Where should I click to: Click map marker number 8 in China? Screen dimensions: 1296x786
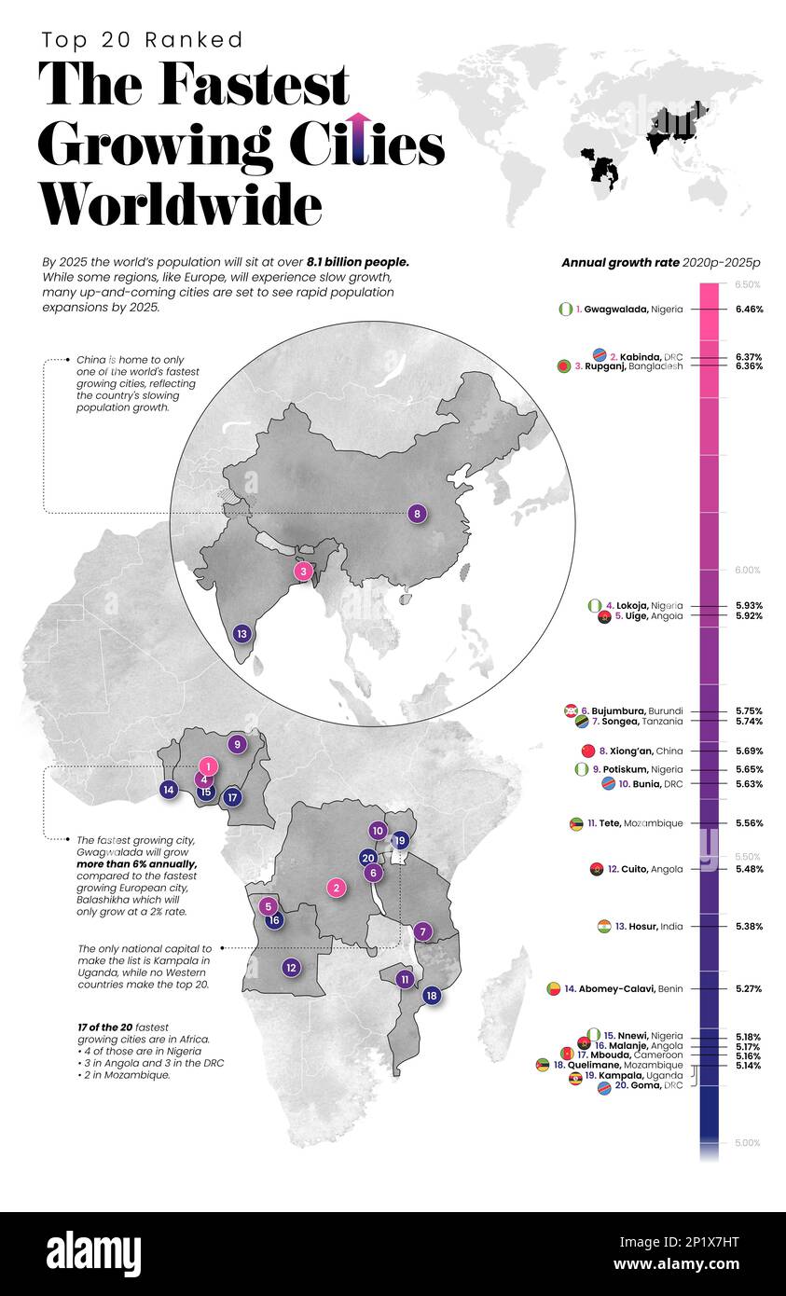(x=417, y=513)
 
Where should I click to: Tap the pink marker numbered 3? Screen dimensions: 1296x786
(x=302, y=572)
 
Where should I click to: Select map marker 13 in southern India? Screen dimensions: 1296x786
(x=242, y=634)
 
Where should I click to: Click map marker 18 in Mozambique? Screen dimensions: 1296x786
(x=431, y=996)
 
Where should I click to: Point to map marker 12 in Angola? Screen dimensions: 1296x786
(x=291, y=968)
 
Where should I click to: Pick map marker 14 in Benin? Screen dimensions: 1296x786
(x=168, y=790)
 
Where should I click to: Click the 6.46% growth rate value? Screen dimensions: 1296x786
(x=748, y=309)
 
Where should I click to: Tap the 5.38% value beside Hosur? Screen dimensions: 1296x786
(x=748, y=927)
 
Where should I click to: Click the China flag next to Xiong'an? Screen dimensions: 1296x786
(x=587, y=751)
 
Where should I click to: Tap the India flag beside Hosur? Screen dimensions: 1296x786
(x=604, y=927)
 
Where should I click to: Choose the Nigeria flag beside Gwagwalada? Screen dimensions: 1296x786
(x=565, y=309)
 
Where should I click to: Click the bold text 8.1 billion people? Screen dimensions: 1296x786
(x=358, y=263)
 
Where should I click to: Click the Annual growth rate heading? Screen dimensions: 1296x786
(x=620, y=263)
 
